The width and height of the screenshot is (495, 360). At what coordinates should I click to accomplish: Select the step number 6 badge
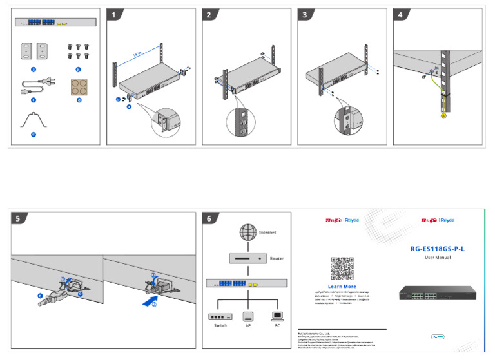pyautogui.click(x=210, y=218)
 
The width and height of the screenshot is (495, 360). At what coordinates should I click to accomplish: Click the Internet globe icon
pyautogui.click(x=248, y=232)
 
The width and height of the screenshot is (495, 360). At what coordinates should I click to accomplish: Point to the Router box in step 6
pyautogui.click(x=248, y=258)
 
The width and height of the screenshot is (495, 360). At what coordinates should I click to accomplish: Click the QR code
pyautogui.click(x=342, y=268)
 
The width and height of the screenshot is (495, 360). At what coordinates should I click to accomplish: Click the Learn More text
pyautogui.click(x=342, y=286)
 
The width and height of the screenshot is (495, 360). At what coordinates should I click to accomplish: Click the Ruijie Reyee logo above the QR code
pyautogui.click(x=342, y=220)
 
